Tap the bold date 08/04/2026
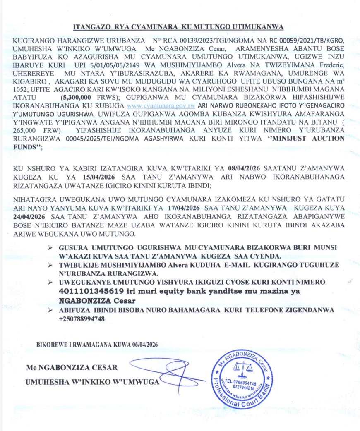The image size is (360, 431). [x=245, y=168]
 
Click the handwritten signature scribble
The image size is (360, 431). [x=166, y=372]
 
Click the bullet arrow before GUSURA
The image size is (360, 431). [x=50, y=247]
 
